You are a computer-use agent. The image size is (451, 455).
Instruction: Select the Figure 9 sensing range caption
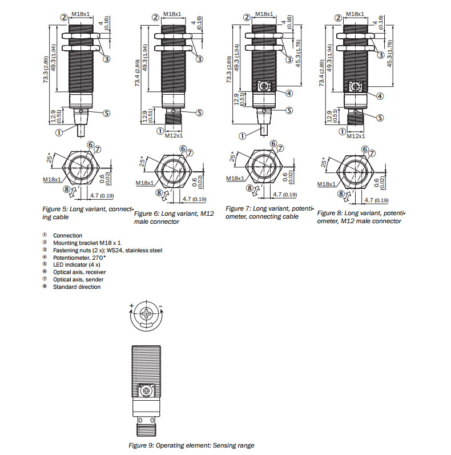tap(191, 445)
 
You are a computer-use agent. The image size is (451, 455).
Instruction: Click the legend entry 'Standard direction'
tap(76, 287)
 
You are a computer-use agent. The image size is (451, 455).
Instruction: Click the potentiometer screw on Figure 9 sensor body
tap(147, 393)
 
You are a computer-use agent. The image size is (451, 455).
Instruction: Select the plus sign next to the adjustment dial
tap(131, 307)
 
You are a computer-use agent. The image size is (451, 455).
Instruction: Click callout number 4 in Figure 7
tap(289, 93)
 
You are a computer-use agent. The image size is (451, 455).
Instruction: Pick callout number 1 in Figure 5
tap(59, 132)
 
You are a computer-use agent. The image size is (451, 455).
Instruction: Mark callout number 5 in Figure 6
tap(199, 112)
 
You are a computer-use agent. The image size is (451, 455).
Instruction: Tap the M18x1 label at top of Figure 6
tap(172, 14)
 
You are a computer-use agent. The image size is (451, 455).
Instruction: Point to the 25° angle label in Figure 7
tap(233, 157)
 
